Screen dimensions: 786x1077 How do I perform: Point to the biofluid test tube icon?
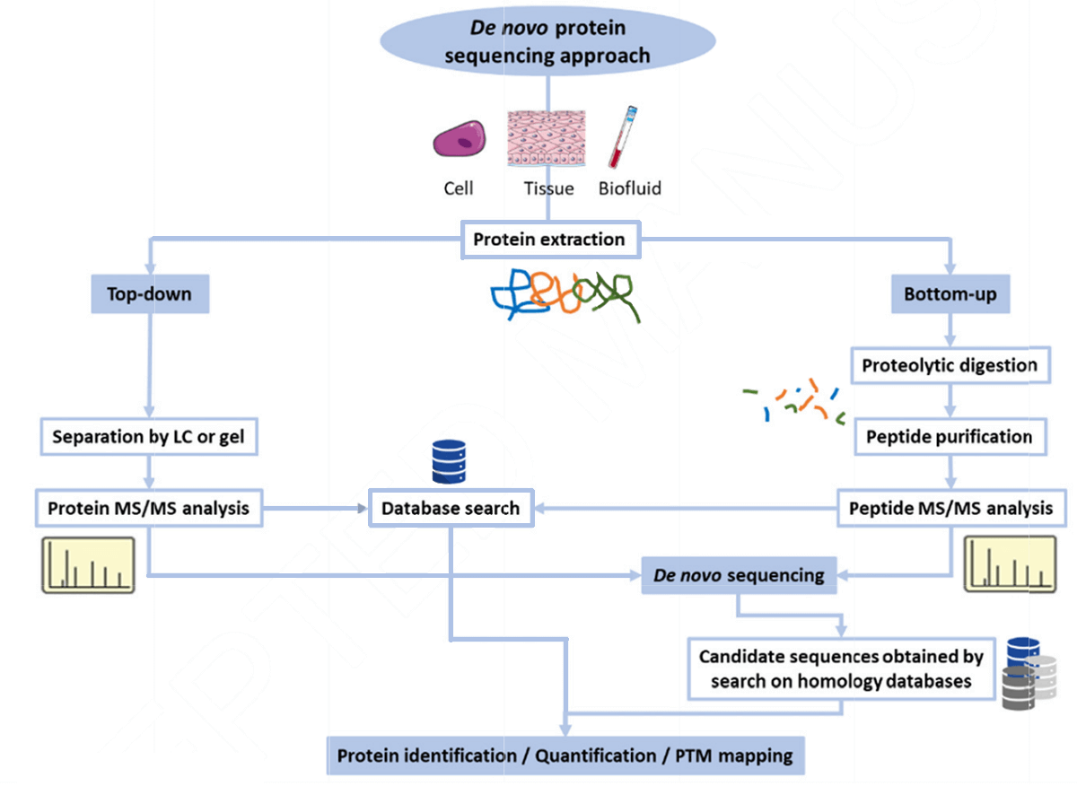(622, 136)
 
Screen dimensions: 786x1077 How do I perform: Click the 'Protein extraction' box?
(548, 240)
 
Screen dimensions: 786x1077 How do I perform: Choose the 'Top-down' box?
(150, 294)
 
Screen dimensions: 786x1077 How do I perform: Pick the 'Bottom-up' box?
(950, 294)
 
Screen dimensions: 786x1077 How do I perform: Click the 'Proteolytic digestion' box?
(950, 365)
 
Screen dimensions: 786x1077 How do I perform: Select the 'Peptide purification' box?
(950, 437)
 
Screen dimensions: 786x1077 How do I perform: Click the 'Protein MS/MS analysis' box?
(148, 508)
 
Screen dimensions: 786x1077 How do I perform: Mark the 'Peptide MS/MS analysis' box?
(950, 508)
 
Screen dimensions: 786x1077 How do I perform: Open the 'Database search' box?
(451, 508)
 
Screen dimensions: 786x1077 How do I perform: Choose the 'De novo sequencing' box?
(739, 575)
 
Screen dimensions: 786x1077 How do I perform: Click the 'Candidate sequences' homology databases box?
(841, 668)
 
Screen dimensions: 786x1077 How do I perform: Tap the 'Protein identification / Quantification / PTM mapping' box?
(565, 755)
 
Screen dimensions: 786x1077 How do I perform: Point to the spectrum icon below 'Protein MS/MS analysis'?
(88, 564)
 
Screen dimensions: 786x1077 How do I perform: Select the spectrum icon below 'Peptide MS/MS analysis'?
(1008, 564)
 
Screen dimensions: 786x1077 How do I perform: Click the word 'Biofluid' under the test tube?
(630, 188)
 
